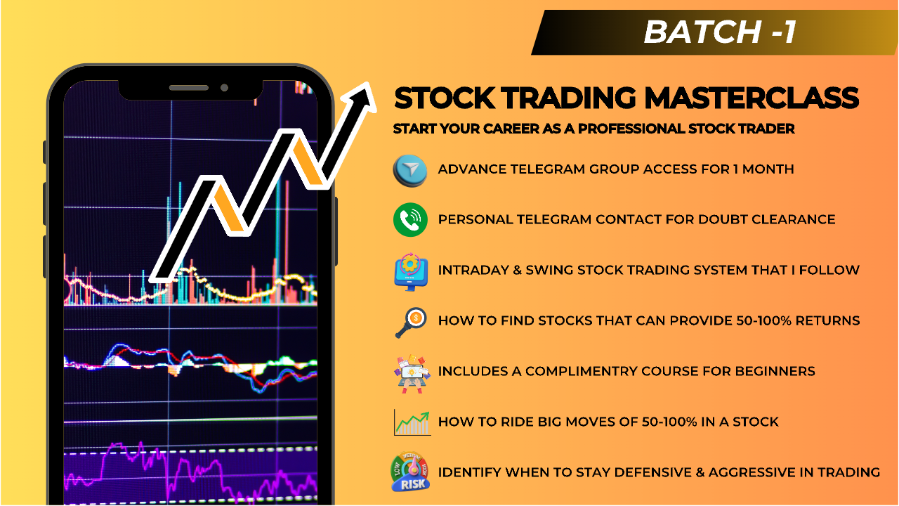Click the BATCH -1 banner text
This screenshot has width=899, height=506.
720,32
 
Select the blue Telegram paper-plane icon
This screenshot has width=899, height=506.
410,169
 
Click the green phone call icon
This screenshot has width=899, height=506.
410,220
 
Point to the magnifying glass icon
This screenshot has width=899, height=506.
410,322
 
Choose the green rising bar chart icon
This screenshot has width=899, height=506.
412,422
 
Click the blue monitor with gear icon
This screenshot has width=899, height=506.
410,271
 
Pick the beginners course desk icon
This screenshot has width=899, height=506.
410,372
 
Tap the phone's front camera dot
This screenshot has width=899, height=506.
224,88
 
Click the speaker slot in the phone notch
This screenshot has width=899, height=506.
189,88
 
